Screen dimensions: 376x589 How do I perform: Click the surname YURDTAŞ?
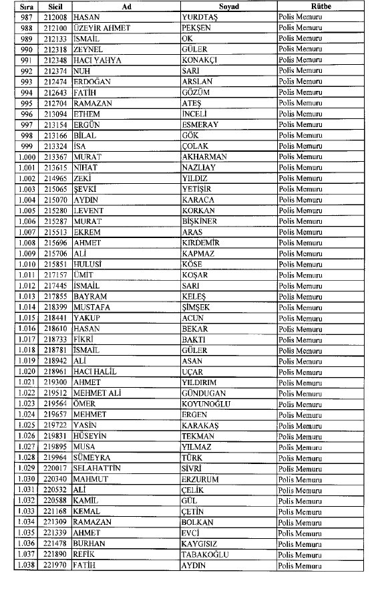point(202,16)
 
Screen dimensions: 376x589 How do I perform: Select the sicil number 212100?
point(54,27)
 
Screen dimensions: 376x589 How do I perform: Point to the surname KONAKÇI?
point(202,60)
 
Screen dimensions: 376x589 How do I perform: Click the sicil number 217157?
point(54,275)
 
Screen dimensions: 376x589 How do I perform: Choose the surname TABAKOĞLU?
point(208,555)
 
